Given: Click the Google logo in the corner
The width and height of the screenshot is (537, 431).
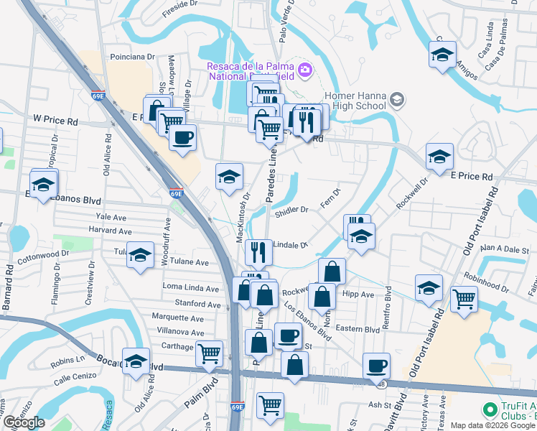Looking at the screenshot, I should tap(24, 422).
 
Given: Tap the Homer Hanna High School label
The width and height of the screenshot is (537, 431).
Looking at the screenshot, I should tap(356, 101).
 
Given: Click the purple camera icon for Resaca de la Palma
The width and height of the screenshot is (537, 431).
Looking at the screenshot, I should tap(306, 70).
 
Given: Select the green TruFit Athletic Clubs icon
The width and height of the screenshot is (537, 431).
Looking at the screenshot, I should tap(490, 409).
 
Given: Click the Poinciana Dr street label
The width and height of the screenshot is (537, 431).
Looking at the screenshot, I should tap(132, 56).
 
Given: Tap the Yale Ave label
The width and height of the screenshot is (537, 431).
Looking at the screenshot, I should tap(111, 216).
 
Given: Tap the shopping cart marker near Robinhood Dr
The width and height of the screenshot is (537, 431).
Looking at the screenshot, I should tap(464, 297).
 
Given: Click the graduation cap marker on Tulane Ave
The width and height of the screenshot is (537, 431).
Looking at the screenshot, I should tap(140, 255).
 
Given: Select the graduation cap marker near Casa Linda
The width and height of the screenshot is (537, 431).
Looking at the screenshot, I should tap(442, 55).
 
